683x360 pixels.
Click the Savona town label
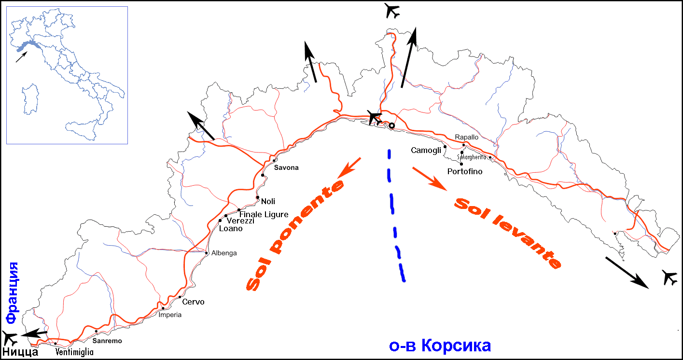coord(286,168)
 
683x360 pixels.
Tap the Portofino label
coord(465,171)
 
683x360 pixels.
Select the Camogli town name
coord(426,151)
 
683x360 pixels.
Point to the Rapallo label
coord(466,138)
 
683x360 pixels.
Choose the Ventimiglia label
coord(74,352)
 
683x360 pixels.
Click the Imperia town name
coord(170,315)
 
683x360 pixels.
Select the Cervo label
coord(193,302)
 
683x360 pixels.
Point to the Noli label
coord(268,201)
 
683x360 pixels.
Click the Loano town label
coord(231,228)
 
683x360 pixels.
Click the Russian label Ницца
coord(20,351)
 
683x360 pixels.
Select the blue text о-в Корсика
coord(440,346)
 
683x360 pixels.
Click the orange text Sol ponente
coord(294,235)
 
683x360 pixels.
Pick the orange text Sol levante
coord(507,233)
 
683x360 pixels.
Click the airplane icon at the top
coord(393,11)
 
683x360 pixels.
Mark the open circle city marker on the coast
coord(392,126)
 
